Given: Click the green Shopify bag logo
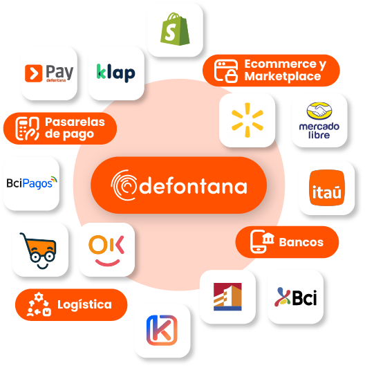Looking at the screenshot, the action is tap(175, 29).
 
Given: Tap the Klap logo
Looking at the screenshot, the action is tap(116, 73).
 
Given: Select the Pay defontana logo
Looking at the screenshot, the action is tap(49, 73).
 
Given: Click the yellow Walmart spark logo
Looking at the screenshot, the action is tap(247, 120).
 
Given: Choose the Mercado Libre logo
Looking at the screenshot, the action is tap(319, 120).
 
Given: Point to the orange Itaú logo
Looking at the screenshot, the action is tap(327, 187).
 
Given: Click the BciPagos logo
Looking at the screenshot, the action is tap(32, 183).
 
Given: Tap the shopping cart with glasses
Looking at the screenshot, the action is tap(39, 250).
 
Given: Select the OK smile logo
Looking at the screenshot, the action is tap(106, 250).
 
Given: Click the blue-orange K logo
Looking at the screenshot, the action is tap(162, 330).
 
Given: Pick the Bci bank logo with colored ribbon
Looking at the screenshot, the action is tap(296, 297).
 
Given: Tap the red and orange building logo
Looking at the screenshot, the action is tap(227, 297).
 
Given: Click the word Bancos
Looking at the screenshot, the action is tap(301, 242).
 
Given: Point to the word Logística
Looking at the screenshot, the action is tap(84, 304).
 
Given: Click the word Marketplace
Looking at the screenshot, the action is tap(283, 76).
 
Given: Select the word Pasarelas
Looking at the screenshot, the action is tap(75, 122).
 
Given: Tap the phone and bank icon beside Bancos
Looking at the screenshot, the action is tap(262, 241).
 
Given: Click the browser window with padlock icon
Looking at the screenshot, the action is tap(226, 71).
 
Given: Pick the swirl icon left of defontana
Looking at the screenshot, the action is tap(124, 185).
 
